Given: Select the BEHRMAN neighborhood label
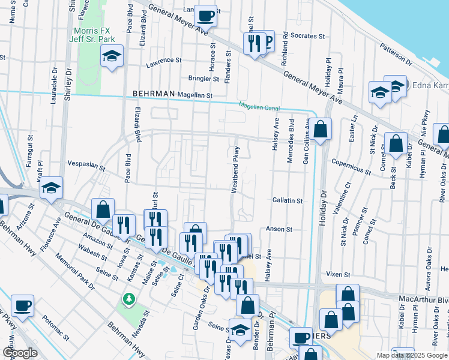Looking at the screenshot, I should tap(154, 95).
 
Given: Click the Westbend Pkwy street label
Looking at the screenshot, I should tap(236, 169).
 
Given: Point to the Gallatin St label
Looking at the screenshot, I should tap(287, 201).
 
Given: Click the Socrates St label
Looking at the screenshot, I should tap(307, 36).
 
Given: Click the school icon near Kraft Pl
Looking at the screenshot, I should tap(52, 188).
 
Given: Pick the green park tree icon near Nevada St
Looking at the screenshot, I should tap(128, 298).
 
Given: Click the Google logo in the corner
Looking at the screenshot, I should tap(20, 353).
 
